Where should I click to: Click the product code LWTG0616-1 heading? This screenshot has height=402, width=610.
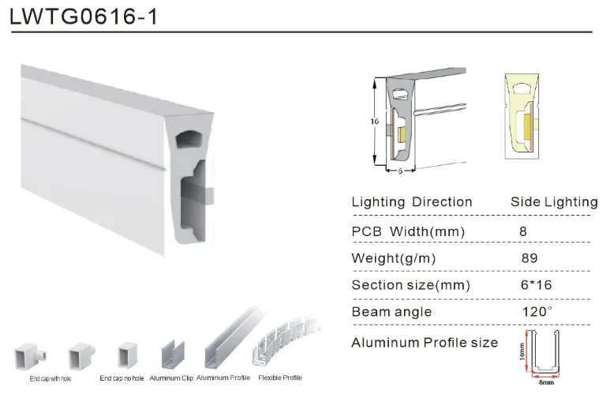pos(84,17)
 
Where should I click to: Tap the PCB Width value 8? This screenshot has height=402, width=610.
pos(523,231)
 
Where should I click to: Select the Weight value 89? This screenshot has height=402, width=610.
pos(530,258)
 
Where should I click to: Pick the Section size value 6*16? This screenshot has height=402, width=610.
pos(536,285)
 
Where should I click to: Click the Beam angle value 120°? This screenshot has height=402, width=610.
pos(537,312)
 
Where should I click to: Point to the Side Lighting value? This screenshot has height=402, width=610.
pos(554,201)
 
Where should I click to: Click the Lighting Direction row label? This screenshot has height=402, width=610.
pos(412,201)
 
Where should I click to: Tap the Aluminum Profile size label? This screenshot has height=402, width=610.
pos(425,343)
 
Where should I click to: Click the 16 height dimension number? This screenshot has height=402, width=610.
pos(374,122)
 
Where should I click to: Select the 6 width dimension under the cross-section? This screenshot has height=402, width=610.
pos(400,171)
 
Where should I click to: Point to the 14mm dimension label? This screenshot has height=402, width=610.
pos(522,351)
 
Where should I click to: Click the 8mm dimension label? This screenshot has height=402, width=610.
pos(546,382)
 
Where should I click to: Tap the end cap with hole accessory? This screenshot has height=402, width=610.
pos(30,356)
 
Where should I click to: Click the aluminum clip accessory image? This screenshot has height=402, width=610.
pos(173,355)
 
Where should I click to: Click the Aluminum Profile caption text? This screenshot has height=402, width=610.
pos(223,378)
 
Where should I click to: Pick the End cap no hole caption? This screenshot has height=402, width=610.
pos(122,378)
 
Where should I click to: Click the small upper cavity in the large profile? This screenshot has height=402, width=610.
pos(189,140)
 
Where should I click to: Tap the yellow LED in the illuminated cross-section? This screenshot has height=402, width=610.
pos(528,127)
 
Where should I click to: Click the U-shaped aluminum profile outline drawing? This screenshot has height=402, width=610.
pos(545,352)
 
